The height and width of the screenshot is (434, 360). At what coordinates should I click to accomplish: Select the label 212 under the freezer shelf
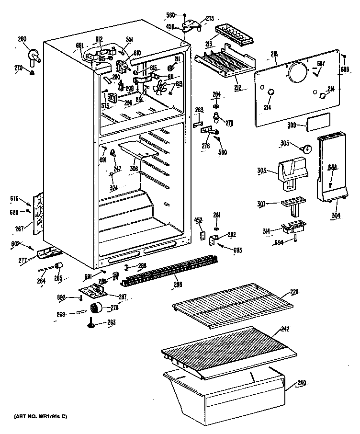[x=238, y=88]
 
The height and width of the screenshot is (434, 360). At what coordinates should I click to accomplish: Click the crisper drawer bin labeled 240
[x=225, y=388]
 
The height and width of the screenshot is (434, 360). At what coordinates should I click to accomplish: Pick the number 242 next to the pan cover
[x=285, y=330]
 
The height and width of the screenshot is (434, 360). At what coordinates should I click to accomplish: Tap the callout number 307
[x=261, y=204]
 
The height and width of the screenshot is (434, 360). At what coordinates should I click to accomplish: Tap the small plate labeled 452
[x=202, y=236]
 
